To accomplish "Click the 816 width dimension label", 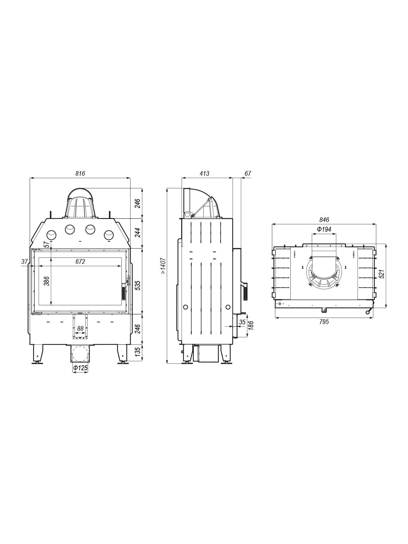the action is [x=80, y=173].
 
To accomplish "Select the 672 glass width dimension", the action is [x=80, y=261].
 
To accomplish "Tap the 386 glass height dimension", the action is [x=47, y=281].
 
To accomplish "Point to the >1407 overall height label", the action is [x=163, y=266].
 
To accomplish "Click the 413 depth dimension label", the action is [x=204, y=173].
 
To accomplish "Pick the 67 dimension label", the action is [x=248, y=173].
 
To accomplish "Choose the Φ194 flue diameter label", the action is [x=324, y=229].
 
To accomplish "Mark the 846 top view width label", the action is [x=324, y=220].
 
